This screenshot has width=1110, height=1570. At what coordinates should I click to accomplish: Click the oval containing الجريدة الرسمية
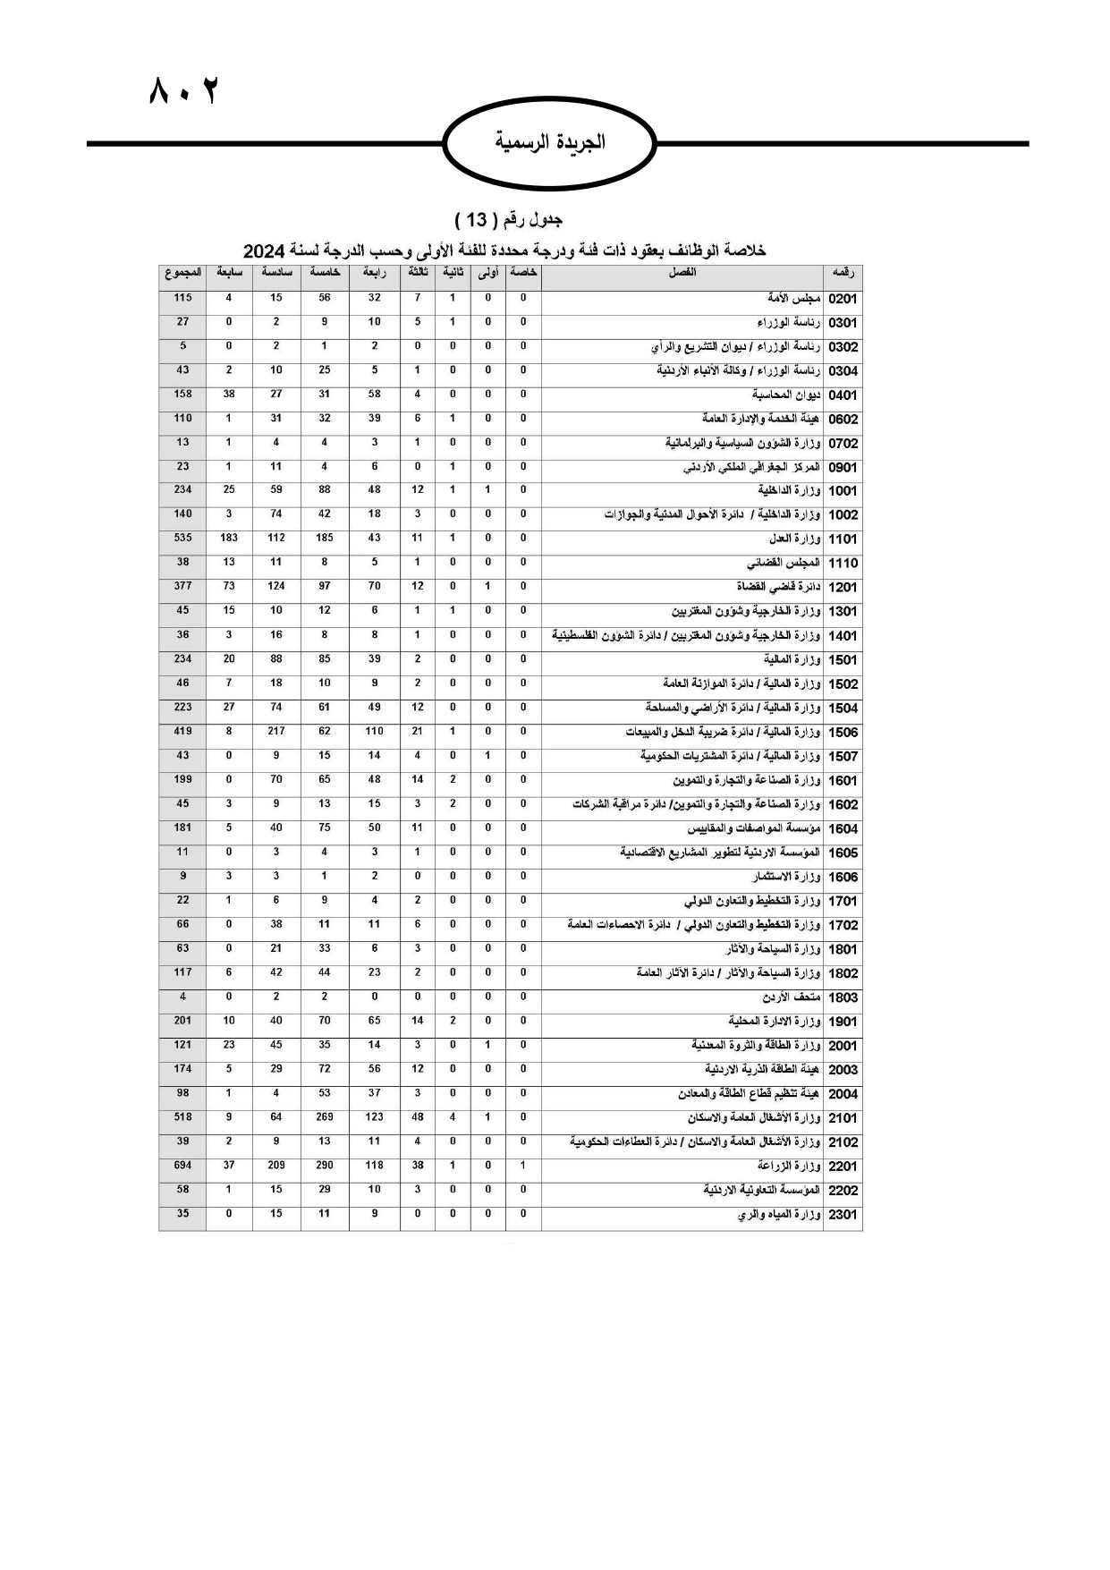point(550,142)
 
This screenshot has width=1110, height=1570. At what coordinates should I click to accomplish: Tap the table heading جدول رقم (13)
point(508,219)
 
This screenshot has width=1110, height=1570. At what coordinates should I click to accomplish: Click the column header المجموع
point(182,273)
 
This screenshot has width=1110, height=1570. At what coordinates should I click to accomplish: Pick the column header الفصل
point(682,273)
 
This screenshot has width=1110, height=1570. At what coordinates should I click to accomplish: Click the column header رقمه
point(843,273)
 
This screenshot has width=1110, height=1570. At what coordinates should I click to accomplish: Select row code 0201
point(843,299)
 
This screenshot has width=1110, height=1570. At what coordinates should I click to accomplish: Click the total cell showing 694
point(182,1165)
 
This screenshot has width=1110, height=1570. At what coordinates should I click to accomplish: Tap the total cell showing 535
point(182,538)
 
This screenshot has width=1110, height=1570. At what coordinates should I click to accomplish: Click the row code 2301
point(843,1215)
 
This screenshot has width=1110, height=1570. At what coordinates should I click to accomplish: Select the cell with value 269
point(325,1116)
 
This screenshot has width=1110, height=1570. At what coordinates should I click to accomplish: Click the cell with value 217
point(276,731)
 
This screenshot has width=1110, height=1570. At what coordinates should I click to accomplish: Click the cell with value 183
point(229,538)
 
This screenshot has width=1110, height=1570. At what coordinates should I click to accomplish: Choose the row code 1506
point(843,733)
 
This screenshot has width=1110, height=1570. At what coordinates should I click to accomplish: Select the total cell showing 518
point(182,1116)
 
